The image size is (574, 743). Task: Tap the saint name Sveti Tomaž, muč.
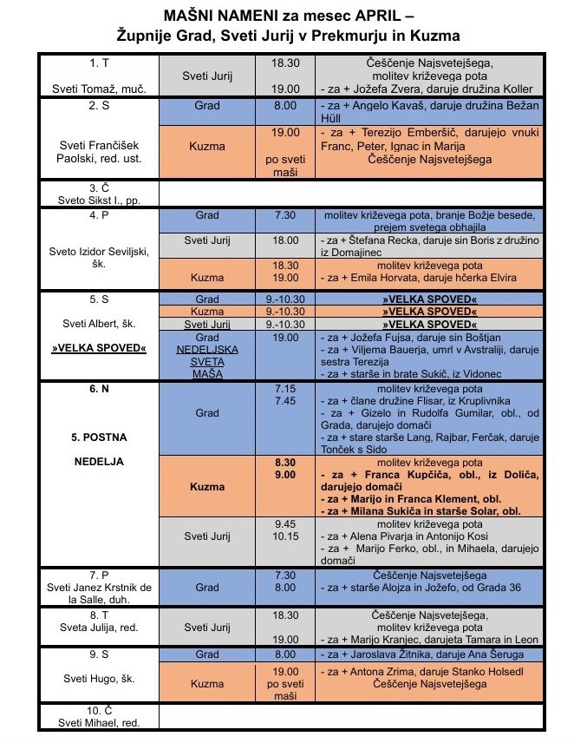[98, 89]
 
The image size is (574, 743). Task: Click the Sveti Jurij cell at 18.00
[207, 240]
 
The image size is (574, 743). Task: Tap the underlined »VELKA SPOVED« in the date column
[98, 348]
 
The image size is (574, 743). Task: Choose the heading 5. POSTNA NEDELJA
[98, 449]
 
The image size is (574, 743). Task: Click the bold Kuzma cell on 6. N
[207, 487]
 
